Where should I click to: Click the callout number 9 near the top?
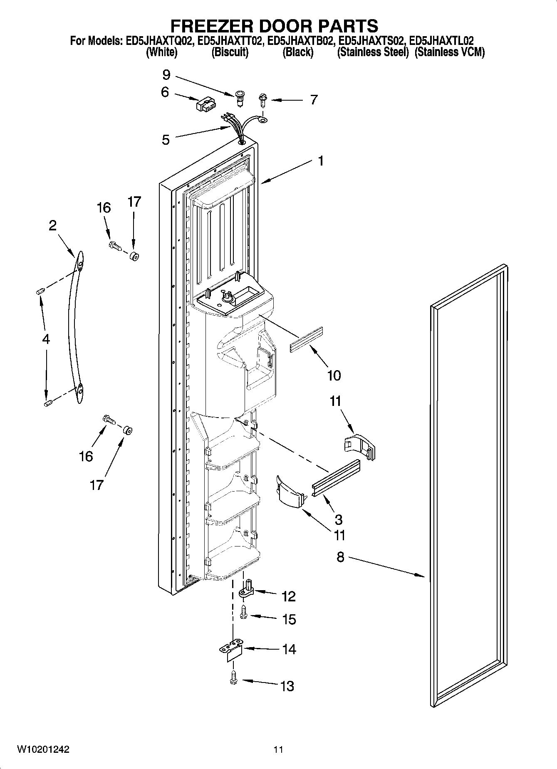pyautogui.click(x=166, y=75)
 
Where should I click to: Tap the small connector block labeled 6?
pyautogui.click(x=204, y=104)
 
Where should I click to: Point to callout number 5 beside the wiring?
pyautogui.click(x=166, y=140)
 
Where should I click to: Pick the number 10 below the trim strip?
pyautogui.click(x=334, y=375)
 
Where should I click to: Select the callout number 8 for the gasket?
pyautogui.click(x=340, y=557)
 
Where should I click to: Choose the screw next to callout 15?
pyautogui.click(x=244, y=613)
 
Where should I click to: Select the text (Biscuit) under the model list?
pyautogui.click(x=230, y=52)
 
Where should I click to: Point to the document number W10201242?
pyautogui.click(x=43, y=749)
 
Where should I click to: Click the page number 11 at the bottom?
pyautogui.click(x=278, y=749)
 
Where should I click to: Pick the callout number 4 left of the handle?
pyautogui.click(x=46, y=339)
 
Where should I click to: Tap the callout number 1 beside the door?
pyautogui.click(x=320, y=161)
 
